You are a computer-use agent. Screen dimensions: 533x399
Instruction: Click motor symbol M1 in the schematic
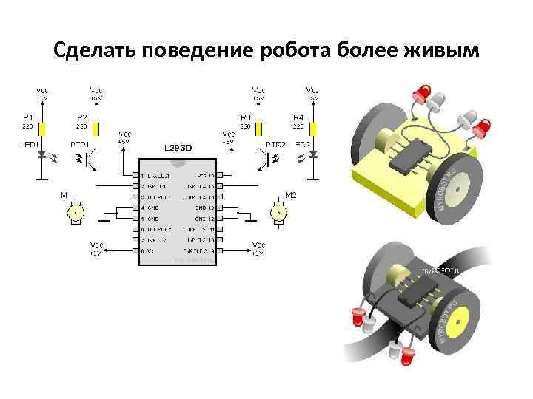(x=74, y=213)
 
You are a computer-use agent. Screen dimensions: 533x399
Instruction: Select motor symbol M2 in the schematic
(x=280, y=213)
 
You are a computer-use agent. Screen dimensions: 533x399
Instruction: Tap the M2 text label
(x=290, y=195)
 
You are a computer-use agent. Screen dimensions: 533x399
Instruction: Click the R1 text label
(x=27, y=117)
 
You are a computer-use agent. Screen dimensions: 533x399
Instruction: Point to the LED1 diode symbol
(x=42, y=155)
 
